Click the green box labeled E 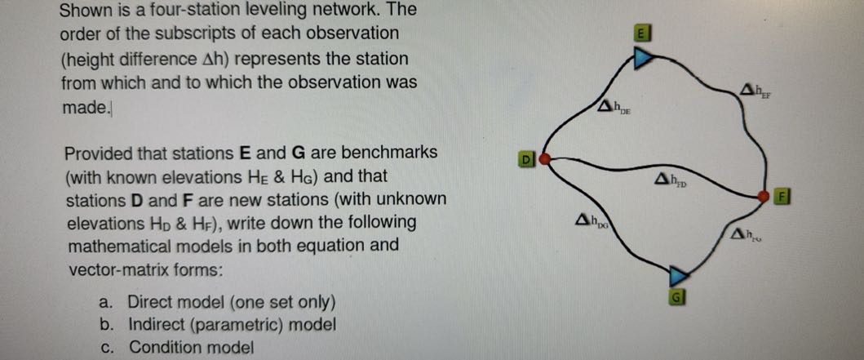pyautogui.click(x=641, y=33)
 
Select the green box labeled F pyautogui.click(x=782, y=196)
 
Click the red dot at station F pyautogui.click(x=764, y=196)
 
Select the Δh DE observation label pyautogui.click(x=614, y=106)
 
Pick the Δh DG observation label pyautogui.click(x=593, y=218)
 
